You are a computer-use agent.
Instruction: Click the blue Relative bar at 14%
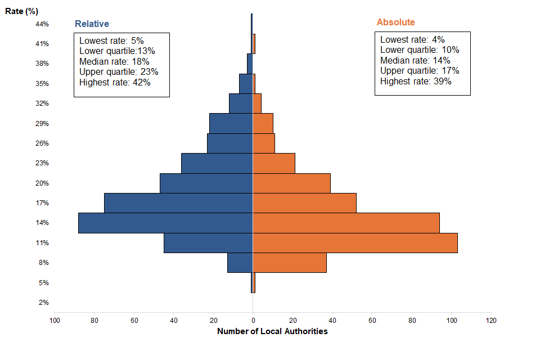[165, 223]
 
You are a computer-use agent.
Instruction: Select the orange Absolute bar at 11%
[355, 243]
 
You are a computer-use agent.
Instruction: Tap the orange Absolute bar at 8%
[290, 263]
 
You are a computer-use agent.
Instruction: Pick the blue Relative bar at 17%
[178, 203]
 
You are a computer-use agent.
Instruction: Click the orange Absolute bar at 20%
[291, 183]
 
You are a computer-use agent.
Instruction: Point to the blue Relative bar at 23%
[217, 163]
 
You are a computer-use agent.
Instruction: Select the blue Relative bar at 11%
[208, 243]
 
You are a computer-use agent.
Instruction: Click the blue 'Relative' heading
[92, 24]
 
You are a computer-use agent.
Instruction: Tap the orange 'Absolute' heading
[395, 22]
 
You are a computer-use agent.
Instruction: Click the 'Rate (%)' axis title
[21, 11]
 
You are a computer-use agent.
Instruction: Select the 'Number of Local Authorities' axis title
[272, 331]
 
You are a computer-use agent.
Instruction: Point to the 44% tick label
[42, 24]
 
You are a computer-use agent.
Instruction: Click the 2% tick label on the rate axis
[43, 303]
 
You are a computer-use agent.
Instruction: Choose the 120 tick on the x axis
[491, 320]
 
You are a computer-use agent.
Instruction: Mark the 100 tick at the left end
[55, 320]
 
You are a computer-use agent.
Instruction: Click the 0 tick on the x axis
[253, 320]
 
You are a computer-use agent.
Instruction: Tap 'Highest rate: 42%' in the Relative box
[115, 82]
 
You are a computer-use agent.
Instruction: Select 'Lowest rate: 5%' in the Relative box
[111, 40]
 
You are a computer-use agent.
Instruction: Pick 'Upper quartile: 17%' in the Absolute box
[420, 70]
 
